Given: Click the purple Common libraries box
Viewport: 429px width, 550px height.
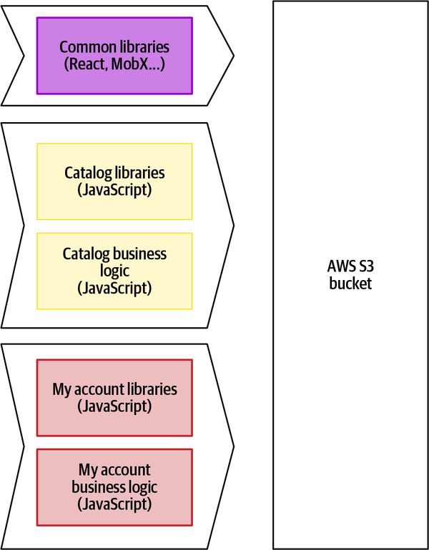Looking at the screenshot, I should [x=114, y=56].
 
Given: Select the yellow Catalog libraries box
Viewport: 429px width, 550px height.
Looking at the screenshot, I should [x=114, y=181].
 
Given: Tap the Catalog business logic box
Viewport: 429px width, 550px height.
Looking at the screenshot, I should [x=114, y=271].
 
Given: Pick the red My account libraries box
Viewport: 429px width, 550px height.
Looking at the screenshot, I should [x=114, y=398].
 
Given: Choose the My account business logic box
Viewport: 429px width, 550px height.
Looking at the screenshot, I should [x=114, y=486].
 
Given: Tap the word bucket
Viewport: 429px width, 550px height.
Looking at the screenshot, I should [x=350, y=284].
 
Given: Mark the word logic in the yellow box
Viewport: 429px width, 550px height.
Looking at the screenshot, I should [x=114, y=271].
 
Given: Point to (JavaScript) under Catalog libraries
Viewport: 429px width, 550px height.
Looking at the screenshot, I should [x=114, y=190].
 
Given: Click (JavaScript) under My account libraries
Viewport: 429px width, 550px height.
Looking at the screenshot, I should [x=114, y=406].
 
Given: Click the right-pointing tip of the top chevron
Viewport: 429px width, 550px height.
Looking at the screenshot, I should [x=233, y=54].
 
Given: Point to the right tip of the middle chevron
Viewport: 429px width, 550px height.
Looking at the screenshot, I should [x=233, y=226].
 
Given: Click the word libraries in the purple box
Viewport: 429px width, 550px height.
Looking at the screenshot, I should [x=143, y=48].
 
